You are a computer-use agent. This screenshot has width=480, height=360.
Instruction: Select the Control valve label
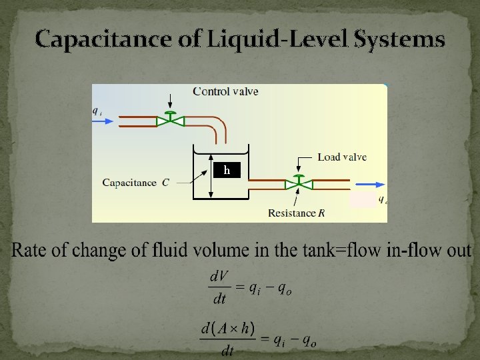[x=225, y=91]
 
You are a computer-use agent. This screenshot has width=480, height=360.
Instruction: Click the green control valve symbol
[x=171, y=120]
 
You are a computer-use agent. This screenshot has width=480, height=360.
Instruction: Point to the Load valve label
[x=342, y=157]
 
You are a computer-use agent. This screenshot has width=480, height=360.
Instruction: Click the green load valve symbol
[x=298, y=181]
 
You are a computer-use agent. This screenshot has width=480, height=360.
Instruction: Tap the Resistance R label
[x=296, y=213]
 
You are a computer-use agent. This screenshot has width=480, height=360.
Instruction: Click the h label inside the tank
[x=227, y=171]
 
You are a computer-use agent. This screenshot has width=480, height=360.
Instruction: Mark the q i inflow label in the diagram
[x=97, y=112]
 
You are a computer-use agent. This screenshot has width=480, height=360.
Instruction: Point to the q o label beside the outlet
[x=383, y=199]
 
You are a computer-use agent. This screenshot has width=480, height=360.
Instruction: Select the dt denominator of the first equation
[x=219, y=299]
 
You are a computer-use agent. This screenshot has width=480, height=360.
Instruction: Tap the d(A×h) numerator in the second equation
[x=227, y=329]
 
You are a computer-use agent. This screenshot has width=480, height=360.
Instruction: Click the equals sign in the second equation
[x=265, y=340]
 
